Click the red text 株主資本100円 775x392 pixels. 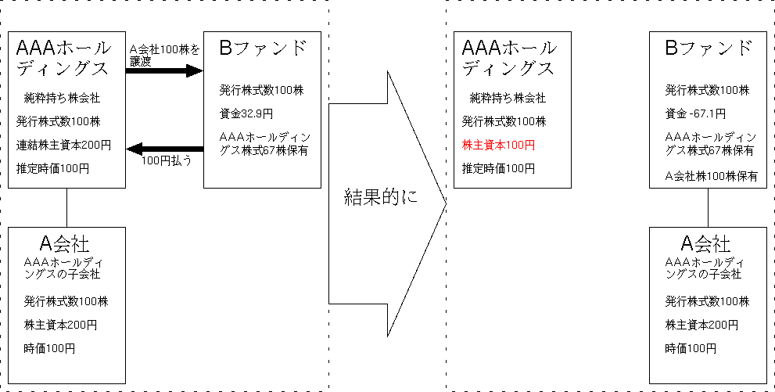click(x=499, y=145)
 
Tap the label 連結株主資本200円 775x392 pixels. click(x=63, y=145)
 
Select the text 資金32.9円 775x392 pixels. click(x=246, y=113)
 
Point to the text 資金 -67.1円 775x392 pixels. click(x=695, y=113)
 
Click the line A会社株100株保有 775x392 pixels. click(x=712, y=176)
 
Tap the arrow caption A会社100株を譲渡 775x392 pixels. click(x=164, y=55)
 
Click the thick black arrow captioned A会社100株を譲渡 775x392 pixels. click(x=164, y=71)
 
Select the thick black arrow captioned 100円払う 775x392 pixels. click(x=164, y=148)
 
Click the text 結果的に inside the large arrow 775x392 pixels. click(x=382, y=196)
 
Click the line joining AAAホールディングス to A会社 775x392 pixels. click(x=67, y=207)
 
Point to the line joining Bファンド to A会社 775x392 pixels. click(x=709, y=207)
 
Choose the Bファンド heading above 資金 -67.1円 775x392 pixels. click(x=708, y=49)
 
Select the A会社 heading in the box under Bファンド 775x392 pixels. click(x=706, y=243)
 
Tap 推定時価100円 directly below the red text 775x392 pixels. click(x=498, y=168)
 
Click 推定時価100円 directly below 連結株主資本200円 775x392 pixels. click(x=52, y=168)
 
